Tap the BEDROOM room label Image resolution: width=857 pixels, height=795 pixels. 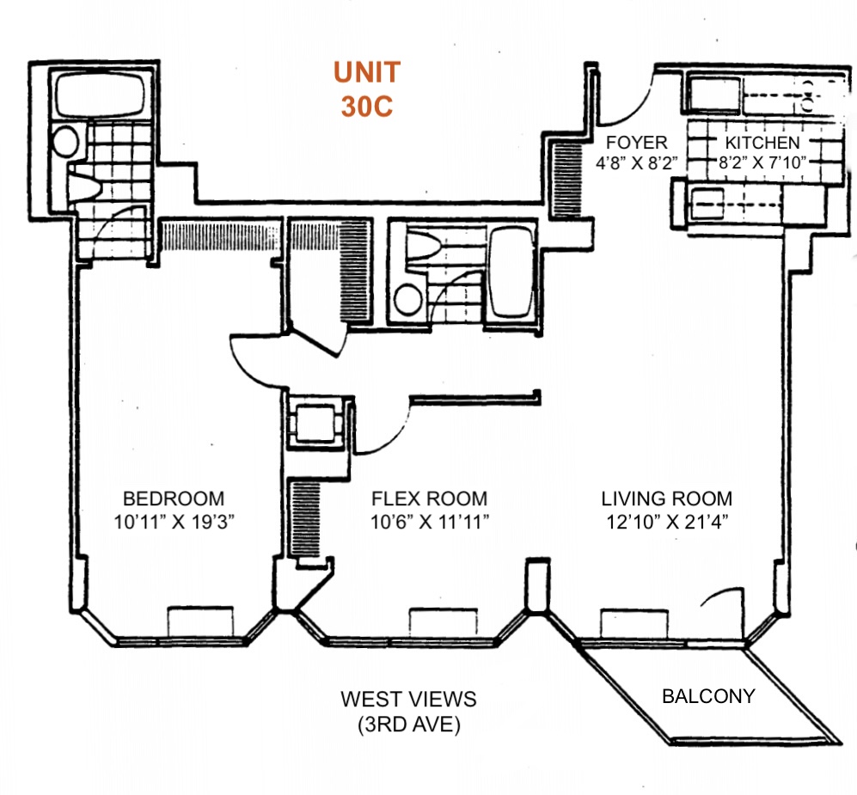coord(174,498)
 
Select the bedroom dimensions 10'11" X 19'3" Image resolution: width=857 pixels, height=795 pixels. coord(174,520)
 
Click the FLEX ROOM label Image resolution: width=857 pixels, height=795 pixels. coord(429,498)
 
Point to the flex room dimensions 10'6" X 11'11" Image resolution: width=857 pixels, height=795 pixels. coord(429,520)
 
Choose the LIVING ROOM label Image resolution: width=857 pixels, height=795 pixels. coord(666,498)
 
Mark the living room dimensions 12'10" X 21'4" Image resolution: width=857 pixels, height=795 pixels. coord(666,520)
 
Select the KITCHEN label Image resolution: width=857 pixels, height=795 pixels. coord(762,143)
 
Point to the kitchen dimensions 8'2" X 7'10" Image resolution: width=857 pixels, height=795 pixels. coord(762,162)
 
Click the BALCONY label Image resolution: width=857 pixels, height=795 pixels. coord(708,696)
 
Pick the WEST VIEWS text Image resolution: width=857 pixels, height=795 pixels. coord(408,699)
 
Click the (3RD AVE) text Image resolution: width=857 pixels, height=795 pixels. coord(408,725)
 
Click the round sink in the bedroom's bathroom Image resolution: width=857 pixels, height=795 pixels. coord(66,142)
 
